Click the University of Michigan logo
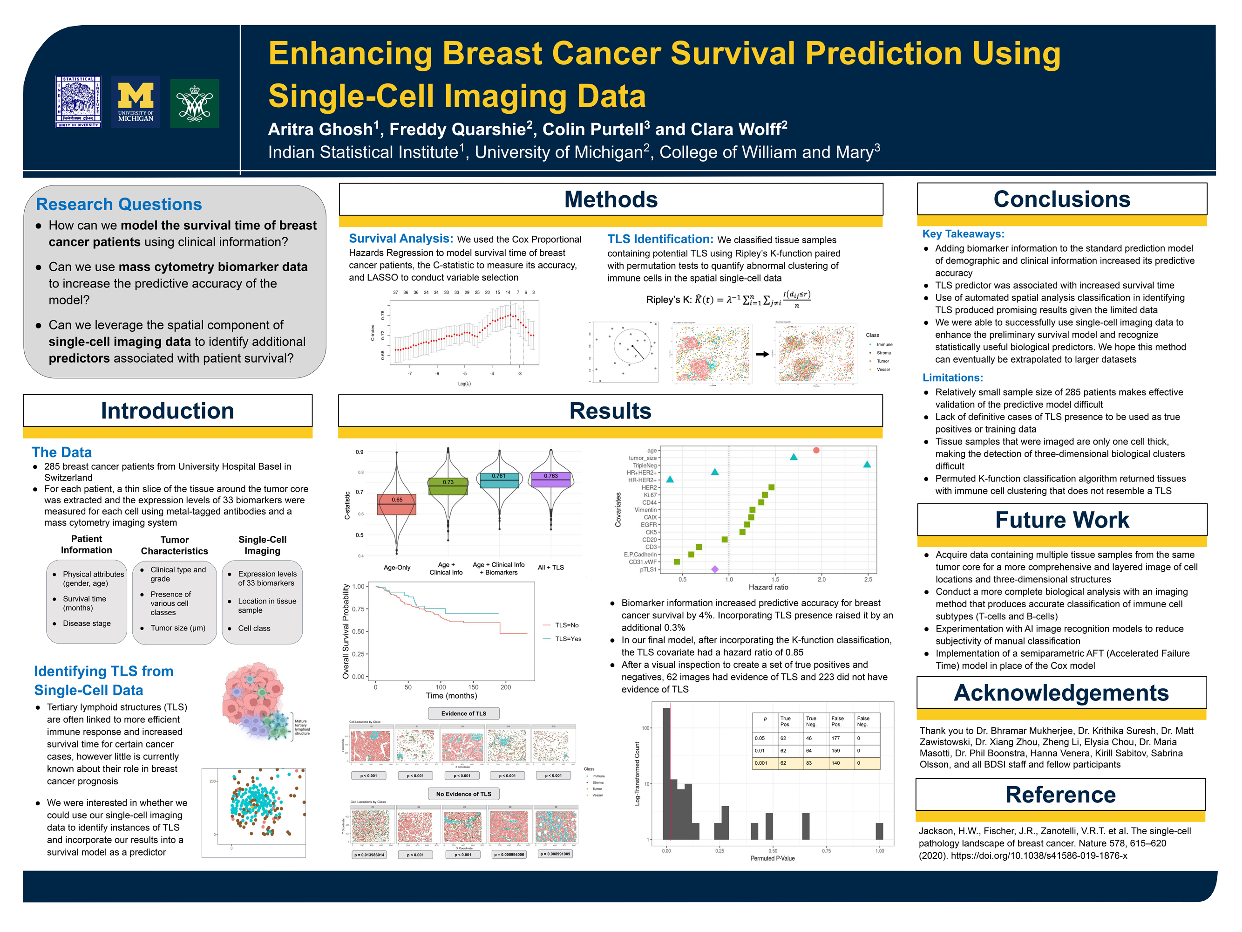pyautogui.click(x=136, y=102)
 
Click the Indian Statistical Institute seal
pyautogui.click(x=79, y=102)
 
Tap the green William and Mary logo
pyautogui.click(x=194, y=103)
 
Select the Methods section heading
pyautogui.click(x=611, y=199)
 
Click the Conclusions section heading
pyautogui.click(x=1061, y=199)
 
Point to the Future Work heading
pyautogui.click(x=1061, y=520)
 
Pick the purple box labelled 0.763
pyautogui.click(x=550, y=479)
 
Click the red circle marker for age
pyautogui.click(x=816, y=450)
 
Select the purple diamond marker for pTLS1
pyautogui.click(x=715, y=569)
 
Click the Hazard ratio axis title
pyautogui.click(x=768, y=587)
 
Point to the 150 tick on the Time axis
pyautogui.click(x=473, y=686)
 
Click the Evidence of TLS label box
pyautogui.click(x=463, y=713)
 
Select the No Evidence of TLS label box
pyautogui.click(x=463, y=794)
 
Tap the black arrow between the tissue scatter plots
pyautogui.click(x=762, y=354)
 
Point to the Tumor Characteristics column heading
pyautogui.click(x=174, y=545)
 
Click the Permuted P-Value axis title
pyautogui.click(x=772, y=858)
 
